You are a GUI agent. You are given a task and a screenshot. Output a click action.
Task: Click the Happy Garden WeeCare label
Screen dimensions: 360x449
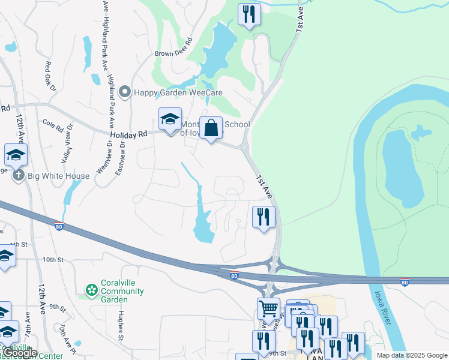pyautogui.click(x=178, y=92)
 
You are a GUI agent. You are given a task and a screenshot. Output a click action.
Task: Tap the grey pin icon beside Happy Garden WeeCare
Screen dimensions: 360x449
pyautogui.click(x=125, y=92)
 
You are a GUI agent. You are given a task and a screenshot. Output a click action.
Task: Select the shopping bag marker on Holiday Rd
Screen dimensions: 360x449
pyautogui.click(x=211, y=128)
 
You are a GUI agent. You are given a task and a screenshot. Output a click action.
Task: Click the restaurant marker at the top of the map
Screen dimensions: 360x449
pyautogui.click(x=249, y=14)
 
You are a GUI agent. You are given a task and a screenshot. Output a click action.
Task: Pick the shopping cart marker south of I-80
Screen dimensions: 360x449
pyautogui.click(x=268, y=310)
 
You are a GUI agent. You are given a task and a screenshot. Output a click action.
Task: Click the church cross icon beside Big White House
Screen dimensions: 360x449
pyautogui.click(x=19, y=176)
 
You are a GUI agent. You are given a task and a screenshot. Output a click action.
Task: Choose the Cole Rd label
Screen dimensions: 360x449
pyautogui.click(x=53, y=127)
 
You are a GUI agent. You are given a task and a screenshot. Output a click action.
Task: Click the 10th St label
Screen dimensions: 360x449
pyautogui.click(x=53, y=260)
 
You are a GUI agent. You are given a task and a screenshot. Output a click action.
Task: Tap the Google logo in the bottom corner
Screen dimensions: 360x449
pyautogui.click(x=20, y=353)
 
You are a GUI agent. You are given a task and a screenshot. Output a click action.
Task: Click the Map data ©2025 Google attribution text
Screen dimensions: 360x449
pyautogui.click(x=412, y=355)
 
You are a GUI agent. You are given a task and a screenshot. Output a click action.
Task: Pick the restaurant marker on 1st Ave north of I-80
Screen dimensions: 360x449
pyautogui.click(x=264, y=217)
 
